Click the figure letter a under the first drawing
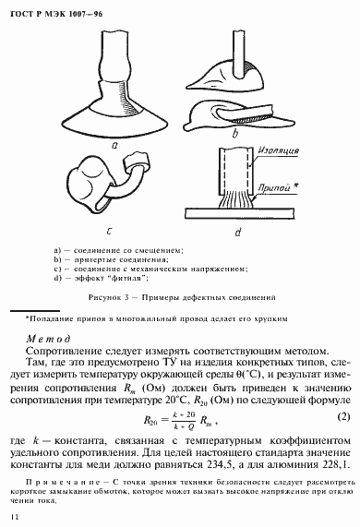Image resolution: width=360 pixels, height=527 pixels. [x=114, y=144]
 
